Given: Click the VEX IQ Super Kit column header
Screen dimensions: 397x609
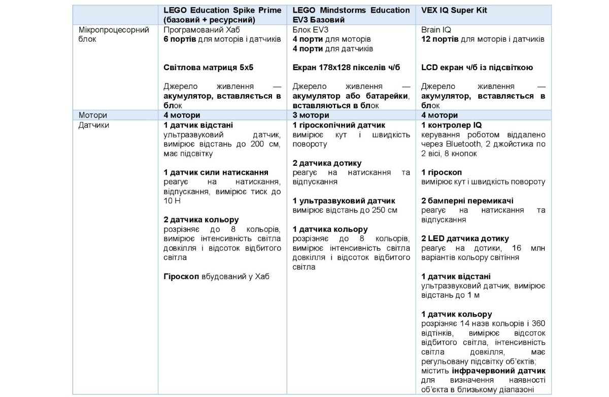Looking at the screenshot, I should point(454,10).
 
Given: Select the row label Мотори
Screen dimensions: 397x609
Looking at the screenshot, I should point(93,115).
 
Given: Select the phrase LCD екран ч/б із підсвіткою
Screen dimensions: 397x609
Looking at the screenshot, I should point(477,68).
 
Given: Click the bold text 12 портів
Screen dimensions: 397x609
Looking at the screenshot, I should point(439,39).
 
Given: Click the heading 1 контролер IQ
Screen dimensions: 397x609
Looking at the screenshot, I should point(451,125).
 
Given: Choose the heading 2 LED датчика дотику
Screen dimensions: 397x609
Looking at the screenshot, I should point(465,238).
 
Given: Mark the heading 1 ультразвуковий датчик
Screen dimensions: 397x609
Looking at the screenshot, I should point(344,201).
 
